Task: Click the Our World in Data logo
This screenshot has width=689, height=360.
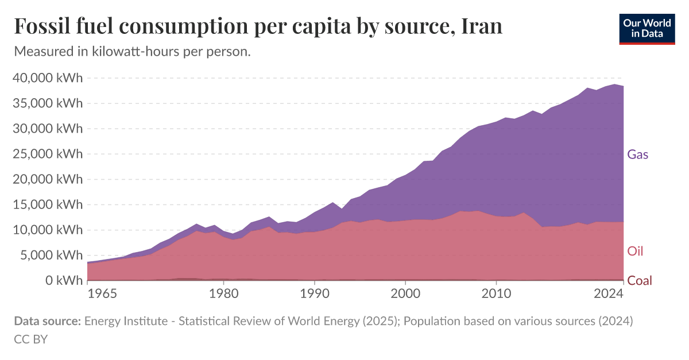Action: point(647,28)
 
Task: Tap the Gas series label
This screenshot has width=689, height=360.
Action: point(637,154)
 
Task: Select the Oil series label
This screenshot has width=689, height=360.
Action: point(635,251)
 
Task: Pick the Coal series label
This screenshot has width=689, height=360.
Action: point(640,281)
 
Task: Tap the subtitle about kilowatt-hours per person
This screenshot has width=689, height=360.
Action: point(132,52)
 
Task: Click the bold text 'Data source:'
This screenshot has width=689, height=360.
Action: point(47,322)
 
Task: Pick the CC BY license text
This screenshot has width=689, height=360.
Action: point(30,339)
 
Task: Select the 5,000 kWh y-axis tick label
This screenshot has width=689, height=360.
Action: point(52,256)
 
